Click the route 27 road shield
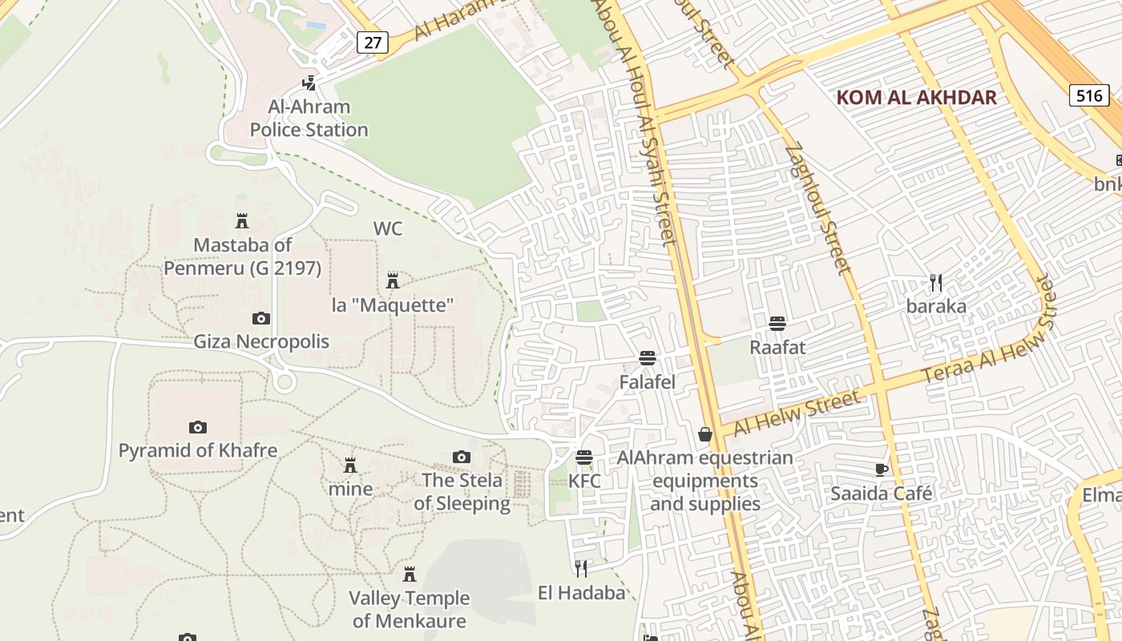click(373, 42)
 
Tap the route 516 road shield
click(1089, 96)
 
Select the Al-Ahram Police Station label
click(309, 118)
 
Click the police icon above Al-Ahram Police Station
click(309, 83)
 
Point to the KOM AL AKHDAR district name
click(916, 98)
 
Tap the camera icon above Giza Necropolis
click(261, 319)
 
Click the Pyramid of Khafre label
click(198, 450)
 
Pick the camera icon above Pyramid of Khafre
click(198, 428)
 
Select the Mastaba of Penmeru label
click(242, 256)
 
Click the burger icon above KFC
click(584, 458)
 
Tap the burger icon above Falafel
click(648, 358)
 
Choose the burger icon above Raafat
click(777, 324)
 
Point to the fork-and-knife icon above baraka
click(935, 282)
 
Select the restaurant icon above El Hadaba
click(581, 569)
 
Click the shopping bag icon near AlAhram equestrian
click(705, 434)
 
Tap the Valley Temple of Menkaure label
click(410, 609)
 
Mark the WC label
click(388, 228)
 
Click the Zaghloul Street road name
click(817, 208)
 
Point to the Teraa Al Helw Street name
click(989, 329)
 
